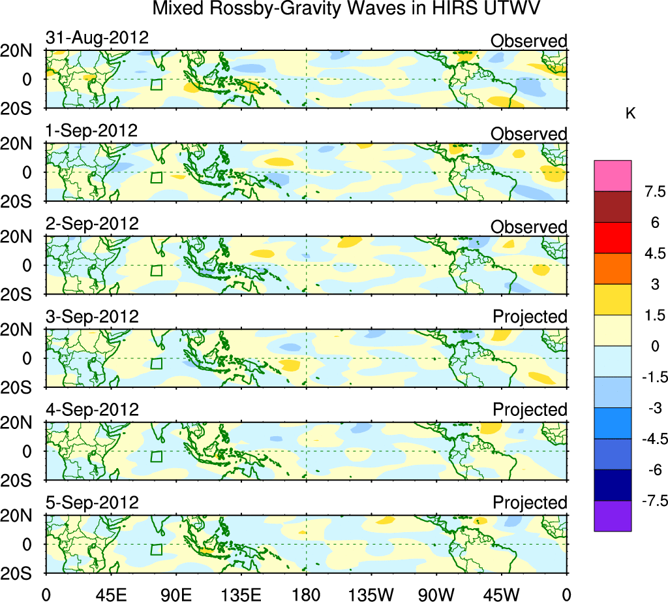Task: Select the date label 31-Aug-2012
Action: click(x=97, y=38)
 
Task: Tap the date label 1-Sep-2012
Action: click(x=92, y=131)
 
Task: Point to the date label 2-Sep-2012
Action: click(x=92, y=223)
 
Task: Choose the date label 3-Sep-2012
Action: click(x=92, y=317)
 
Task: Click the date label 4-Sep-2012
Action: click(x=92, y=409)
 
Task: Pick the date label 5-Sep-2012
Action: click(x=92, y=503)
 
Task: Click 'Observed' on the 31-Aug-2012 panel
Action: click(x=529, y=41)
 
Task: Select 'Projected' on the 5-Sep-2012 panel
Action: click(x=530, y=503)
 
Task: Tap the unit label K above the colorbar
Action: click(x=630, y=114)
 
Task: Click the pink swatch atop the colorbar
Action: click(x=613, y=176)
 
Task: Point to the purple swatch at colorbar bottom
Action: click(x=613, y=516)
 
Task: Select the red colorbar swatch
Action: click(x=613, y=238)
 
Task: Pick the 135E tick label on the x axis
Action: click(x=241, y=594)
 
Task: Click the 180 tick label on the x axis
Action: click(x=306, y=594)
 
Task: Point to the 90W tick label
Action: click(x=436, y=594)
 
